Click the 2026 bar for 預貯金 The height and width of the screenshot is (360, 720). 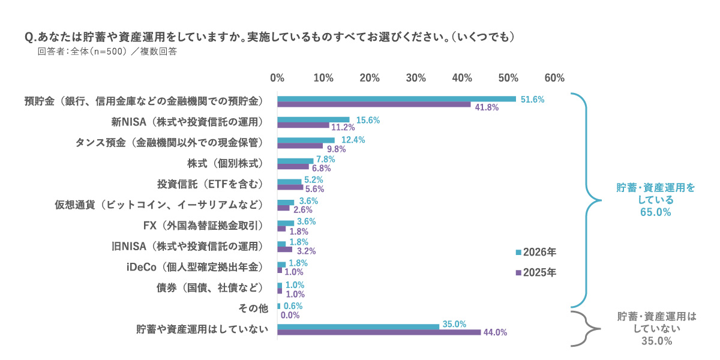pos(396,98)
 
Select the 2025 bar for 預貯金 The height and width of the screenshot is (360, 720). pos(374,104)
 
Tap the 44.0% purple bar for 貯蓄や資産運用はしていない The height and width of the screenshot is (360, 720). pos(379,332)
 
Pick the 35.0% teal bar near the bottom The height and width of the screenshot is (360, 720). pos(358,326)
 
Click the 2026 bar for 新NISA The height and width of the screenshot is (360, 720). pos(313,119)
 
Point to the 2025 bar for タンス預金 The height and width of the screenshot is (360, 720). pos(299,146)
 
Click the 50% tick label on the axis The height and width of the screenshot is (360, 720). pos(508,78)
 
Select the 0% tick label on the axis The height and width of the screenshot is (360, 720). pos(277,78)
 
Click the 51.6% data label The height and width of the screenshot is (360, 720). pos(533,99)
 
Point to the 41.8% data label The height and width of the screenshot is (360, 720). pos(487,107)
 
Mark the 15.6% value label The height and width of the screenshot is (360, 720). pos(368,120)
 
